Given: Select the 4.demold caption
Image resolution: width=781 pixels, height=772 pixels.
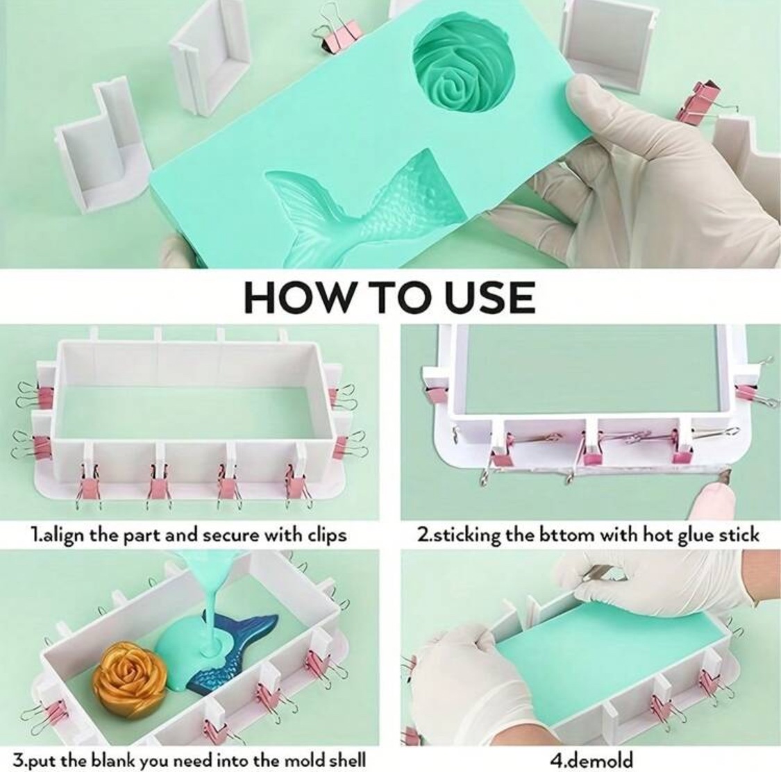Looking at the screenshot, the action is click(591, 760).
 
